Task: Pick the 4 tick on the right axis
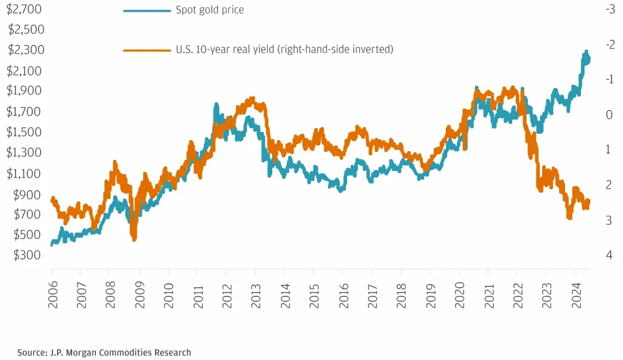click(x=609, y=255)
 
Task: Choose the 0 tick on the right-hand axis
click(x=609, y=115)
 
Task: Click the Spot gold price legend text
click(x=209, y=10)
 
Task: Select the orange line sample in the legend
click(x=147, y=50)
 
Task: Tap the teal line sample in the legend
click(x=147, y=10)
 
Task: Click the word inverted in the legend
click(x=373, y=50)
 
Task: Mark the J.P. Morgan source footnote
click(x=104, y=352)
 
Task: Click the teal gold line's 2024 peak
click(x=587, y=52)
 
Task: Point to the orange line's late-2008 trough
click(x=134, y=238)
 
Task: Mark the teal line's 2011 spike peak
click(x=216, y=105)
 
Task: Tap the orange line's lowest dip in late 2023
click(x=569, y=217)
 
